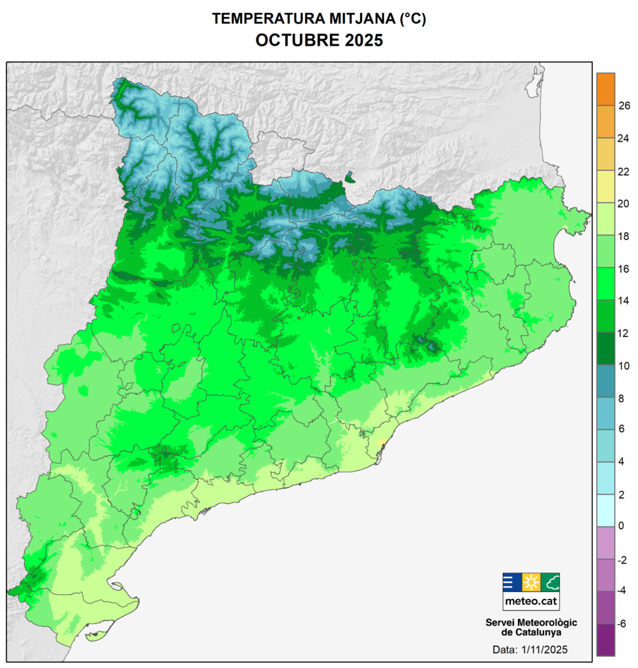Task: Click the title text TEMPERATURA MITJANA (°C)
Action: tap(318, 19)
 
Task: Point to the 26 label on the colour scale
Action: tap(623, 106)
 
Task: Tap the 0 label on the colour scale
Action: tap(622, 526)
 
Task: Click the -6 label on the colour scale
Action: tap(622, 623)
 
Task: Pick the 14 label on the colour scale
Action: tap(623, 300)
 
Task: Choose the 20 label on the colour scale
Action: tap(623, 203)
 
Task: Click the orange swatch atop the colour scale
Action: tap(605, 89)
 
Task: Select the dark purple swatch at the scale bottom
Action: tap(605, 640)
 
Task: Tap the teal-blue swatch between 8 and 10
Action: tap(605, 381)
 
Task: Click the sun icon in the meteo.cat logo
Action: tap(531, 583)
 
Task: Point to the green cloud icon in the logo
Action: tap(550, 583)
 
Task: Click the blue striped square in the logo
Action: tap(512, 583)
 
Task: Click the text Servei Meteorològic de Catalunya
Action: tap(531, 627)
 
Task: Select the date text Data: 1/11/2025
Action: tap(531, 650)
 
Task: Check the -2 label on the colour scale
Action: tap(622, 559)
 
